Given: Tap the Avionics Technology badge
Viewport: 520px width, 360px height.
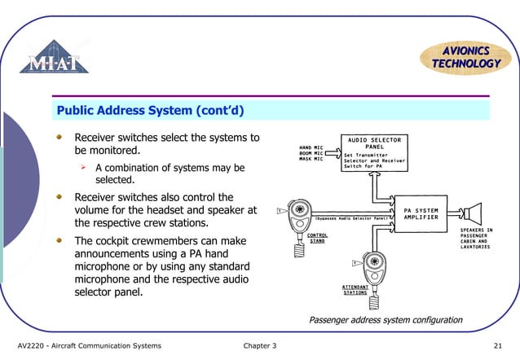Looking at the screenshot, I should click(x=461, y=57).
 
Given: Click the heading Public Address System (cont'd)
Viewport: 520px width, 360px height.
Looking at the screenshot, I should click(x=151, y=109).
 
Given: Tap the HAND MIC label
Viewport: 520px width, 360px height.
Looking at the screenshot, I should click(x=311, y=146).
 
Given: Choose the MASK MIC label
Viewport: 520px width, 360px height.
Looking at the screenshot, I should click(x=311, y=159).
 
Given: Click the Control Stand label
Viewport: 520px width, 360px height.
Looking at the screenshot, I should click(x=317, y=238).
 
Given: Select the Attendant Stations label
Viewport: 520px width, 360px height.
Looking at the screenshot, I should click(x=355, y=290).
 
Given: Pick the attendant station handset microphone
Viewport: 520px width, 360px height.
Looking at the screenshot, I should click(x=375, y=268).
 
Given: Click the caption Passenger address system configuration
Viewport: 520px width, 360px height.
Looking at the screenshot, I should click(x=386, y=320).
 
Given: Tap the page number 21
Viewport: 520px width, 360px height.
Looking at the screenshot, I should click(x=499, y=346).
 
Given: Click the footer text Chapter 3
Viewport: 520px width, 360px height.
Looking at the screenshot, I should click(x=260, y=346).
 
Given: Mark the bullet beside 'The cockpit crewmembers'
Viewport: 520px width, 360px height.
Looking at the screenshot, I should click(x=59, y=241).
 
